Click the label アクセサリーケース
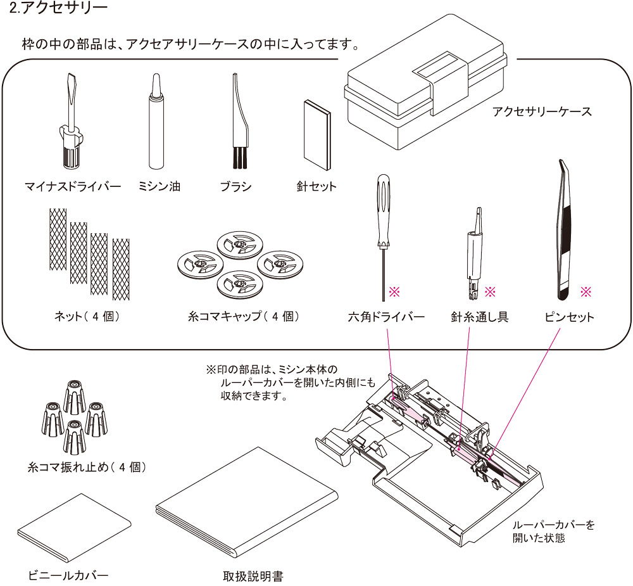click(x=541, y=111)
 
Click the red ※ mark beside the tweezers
click(x=586, y=291)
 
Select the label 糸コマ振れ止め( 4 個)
click(x=88, y=468)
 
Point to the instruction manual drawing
click(x=244, y=507)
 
